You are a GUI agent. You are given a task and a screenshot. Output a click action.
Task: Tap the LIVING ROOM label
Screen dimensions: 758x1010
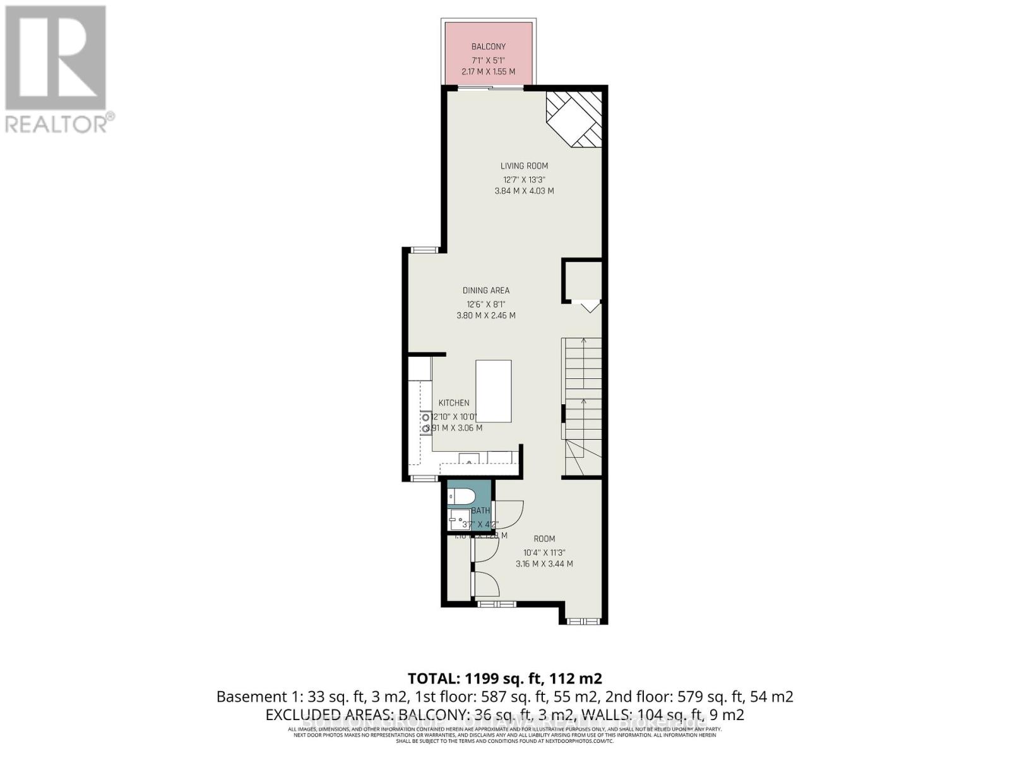click(x=524, y=166)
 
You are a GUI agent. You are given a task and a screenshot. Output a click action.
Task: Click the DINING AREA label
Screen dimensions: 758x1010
click(x=485, y=291)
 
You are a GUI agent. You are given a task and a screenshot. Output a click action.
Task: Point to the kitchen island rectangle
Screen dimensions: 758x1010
click(x=494, y=391)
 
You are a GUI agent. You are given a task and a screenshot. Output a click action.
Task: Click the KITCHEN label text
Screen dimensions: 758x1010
click(x=454, y=403)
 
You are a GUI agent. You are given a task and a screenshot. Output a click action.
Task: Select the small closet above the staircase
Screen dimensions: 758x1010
click(x=582, y=280)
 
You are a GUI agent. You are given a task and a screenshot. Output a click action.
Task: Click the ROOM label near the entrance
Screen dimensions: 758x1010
click(x=544, y=539)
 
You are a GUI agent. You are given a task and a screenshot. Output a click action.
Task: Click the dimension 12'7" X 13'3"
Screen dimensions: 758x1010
click(x=524, y=179)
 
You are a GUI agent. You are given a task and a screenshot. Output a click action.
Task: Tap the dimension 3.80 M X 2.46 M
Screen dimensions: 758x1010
click(x=485, y=316)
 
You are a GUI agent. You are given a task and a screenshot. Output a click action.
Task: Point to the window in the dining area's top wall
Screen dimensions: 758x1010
click(x=424, y=250)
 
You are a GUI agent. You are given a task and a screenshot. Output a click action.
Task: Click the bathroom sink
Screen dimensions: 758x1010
click(x=456, y=522)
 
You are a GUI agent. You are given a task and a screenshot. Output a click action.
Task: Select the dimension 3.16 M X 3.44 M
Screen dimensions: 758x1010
click(x=544, y=564)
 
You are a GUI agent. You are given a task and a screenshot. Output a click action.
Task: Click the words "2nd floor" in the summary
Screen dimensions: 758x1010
click(x=638, y=697)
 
